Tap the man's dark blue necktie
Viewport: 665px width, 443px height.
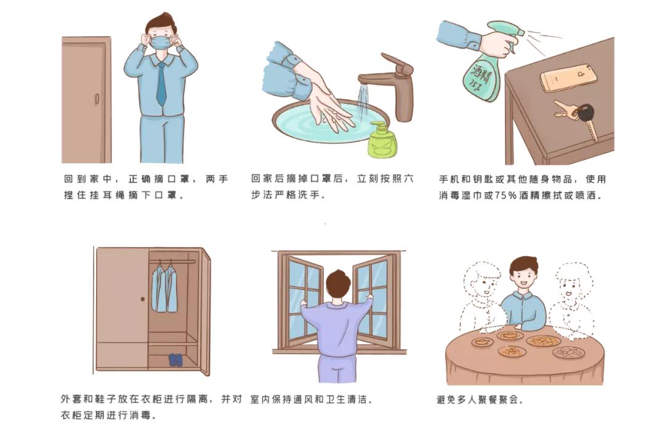pyautogui.click(x=161, y=83)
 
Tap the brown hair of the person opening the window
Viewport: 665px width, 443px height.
pyautogui.click(x=337, y=283)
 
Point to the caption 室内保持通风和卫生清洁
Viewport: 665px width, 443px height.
pyautogui.click(x=312, y=399)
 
